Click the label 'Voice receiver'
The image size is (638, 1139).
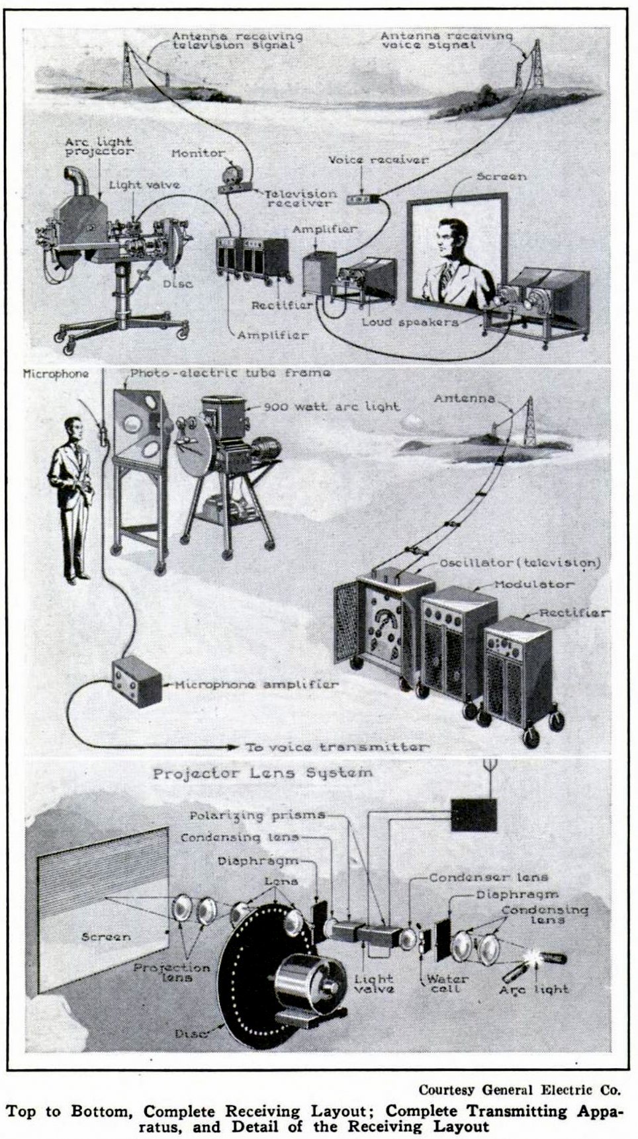[x=378, y=160]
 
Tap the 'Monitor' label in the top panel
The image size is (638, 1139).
[x=198, y=153]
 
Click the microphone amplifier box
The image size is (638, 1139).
[x=137, y=681]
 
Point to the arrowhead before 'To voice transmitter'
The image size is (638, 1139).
[x=232, y=747]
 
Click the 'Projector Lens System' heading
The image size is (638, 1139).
[x=263, y=773]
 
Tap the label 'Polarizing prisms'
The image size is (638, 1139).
[x=257, y=815]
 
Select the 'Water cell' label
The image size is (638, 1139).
[x=447, y=983]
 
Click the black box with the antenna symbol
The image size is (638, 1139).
[x=473, y=814]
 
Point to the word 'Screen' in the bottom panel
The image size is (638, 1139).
[x=105, y=937]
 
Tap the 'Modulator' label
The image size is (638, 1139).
[x=534, y=585]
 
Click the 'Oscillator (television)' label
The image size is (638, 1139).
[x=520, y=563]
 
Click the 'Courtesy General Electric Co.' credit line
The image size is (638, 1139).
[x=519, y=1089]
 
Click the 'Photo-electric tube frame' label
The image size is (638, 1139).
[x=230, y=373]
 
